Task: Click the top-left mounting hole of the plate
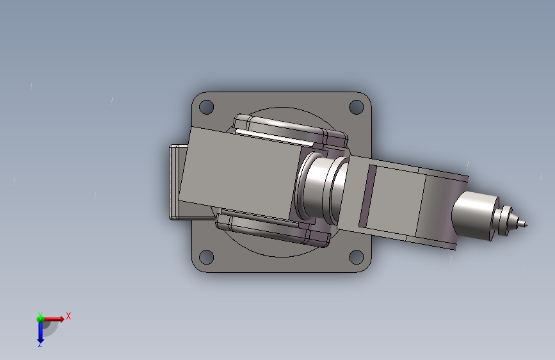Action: point(206,107)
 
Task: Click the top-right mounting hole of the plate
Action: point(357,107)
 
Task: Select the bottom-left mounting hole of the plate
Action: point(206,257)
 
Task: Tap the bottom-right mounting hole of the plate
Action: point(357,257)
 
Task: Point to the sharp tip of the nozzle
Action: point(527,225)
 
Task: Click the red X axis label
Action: point(68,316)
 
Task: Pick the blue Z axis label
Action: point(40,344)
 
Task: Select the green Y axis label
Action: point(40,315)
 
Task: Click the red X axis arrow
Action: point(54,319)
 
